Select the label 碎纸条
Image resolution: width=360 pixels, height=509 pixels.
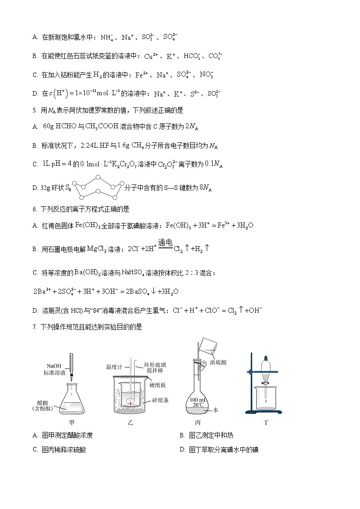(158, 399)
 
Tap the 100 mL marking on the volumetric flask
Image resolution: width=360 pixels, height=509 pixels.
(197, 400)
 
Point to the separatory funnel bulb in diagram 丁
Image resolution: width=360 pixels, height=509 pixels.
(265, 364)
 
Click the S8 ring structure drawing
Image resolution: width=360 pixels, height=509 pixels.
(98, 187)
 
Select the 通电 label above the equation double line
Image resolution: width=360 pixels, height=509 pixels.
(165, 243)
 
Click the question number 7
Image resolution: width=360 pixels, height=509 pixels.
(34, 327)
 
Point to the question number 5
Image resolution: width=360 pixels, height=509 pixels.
(34, 110)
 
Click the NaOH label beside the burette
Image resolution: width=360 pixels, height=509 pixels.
(54, 366)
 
